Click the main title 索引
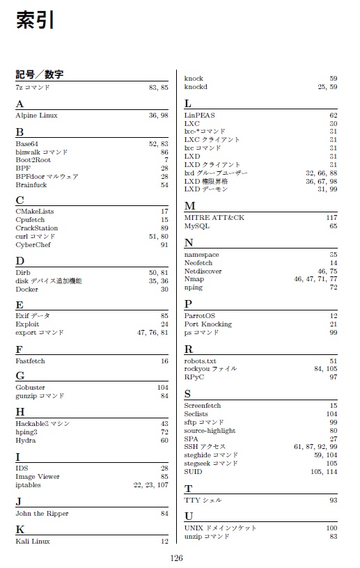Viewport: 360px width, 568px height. [35, 21]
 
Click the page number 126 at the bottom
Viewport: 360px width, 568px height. [176, 557]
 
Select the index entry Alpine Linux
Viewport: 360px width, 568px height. [36, 115]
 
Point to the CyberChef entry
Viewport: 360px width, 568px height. [33, 244]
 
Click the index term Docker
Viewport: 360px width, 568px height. [27, 289]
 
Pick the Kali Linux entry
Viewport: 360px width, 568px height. [33, 541]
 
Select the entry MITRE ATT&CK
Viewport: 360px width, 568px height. [214, 217]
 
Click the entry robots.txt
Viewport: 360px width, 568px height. [201, 361]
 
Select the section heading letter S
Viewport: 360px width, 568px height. [188, 394]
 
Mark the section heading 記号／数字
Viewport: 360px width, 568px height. [40, 74]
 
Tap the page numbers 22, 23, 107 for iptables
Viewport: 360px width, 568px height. [150, 485]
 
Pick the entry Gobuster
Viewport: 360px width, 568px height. [30, 387]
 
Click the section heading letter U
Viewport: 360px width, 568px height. [189, 516]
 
